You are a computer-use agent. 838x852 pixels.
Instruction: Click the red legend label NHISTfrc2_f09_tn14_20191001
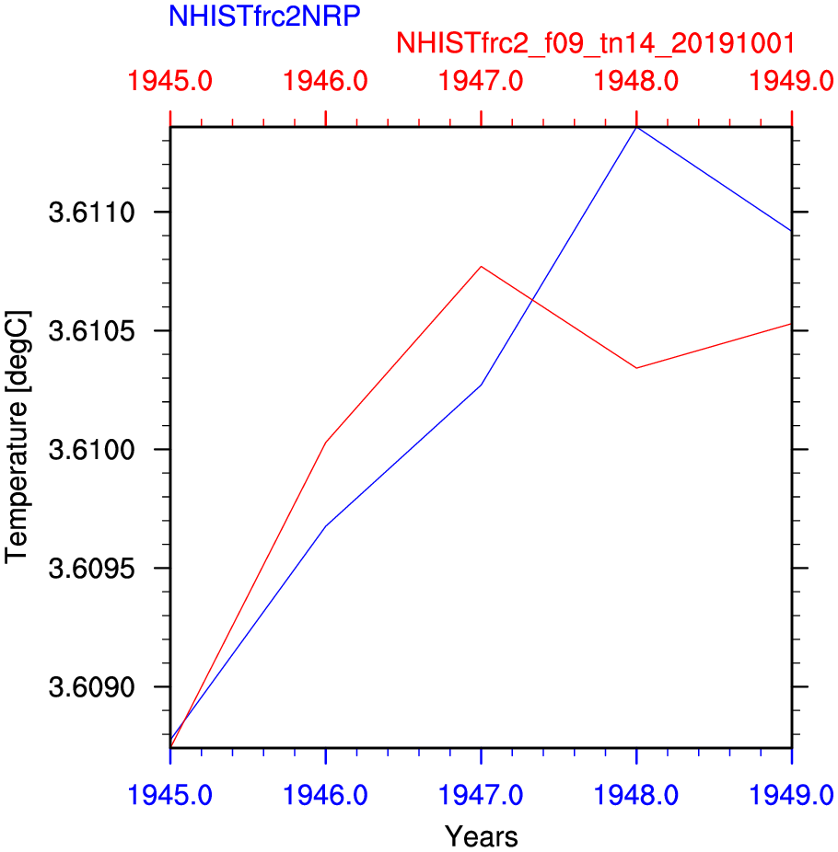[x=595, y=43]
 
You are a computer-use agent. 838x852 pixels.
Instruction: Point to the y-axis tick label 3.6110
[x=89, y=213]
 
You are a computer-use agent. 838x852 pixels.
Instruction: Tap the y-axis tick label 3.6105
[x=89, y=331]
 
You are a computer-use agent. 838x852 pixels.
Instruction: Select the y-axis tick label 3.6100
[x=89, y=450]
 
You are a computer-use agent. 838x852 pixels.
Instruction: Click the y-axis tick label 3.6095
[x=89, y=569]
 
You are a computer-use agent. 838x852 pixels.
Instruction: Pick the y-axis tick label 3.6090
[x=89, y=687]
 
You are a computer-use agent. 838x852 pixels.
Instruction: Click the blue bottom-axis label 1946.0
[x=326, y=794]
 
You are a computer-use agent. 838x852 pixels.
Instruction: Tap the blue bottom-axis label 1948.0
[x=636, y=794]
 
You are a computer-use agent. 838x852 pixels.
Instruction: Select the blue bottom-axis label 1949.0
[x=791, y=794]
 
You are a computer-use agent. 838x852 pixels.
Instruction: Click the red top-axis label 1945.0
[x=170, y=80]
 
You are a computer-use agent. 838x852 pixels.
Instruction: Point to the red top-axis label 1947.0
[x=482, y=80]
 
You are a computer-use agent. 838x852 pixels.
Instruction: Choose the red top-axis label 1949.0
[x=791, y=80]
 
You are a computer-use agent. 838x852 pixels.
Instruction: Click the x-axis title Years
[x=481, y=836]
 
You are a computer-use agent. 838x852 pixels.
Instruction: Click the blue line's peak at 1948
[x=636, y=127]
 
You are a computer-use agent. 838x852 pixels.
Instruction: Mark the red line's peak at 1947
[x=482, y=267]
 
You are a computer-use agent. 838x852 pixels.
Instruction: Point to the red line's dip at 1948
[x=636, y=368]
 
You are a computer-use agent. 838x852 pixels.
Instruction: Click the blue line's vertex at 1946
[x=326, y=525]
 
